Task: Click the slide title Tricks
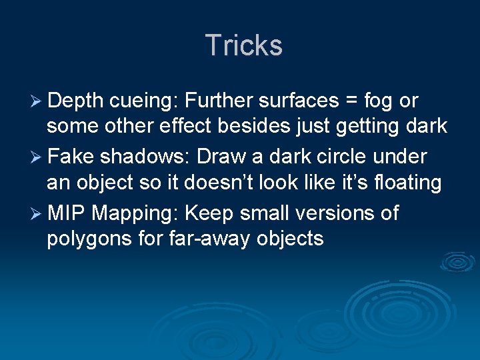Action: (x=244, y=45)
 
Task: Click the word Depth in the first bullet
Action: (x=75, y=101)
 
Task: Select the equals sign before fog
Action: (x=350, y=102)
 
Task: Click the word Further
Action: (x=217, y=101)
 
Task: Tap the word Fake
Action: (x=71, y=157)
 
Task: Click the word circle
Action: (x=344, y=157)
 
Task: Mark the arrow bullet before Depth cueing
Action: (x=37, y=101)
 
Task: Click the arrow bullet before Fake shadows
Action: (x=37, y=158)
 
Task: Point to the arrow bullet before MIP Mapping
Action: (x=37, y=215)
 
